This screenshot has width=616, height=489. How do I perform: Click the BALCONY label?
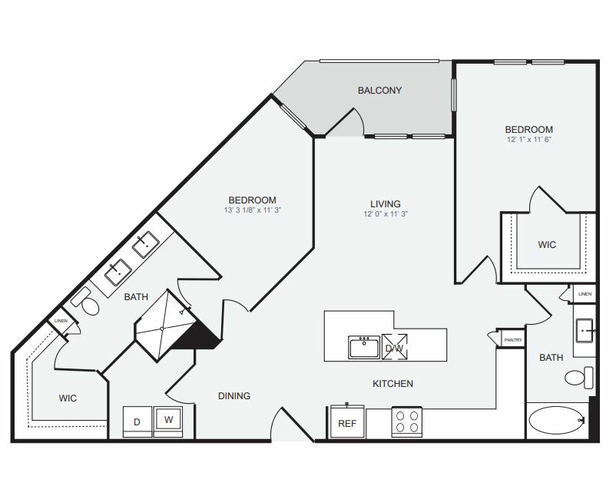click(x=379, y=91)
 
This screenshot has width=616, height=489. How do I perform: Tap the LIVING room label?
click(x=386, y=203)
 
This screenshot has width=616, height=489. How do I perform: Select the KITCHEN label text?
click(x=392, y=383)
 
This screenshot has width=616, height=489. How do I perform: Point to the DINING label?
click(x=233, y=396)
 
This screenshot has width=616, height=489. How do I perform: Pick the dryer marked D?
click(x=138, y=422)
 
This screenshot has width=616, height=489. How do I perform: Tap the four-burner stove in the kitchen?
click(x=406, y=421)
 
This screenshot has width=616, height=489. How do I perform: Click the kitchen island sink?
click(x=363, y=347)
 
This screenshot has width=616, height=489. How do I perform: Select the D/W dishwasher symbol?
click(x=394, y=347)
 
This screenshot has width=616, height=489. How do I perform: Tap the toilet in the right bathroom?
click(x=580, y=377)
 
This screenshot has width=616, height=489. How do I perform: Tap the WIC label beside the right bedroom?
click(x=546, y=244)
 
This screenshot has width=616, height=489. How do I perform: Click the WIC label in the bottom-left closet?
click(x=70, y=398)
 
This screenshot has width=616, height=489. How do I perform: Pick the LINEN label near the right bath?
click(x=585, y=294)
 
